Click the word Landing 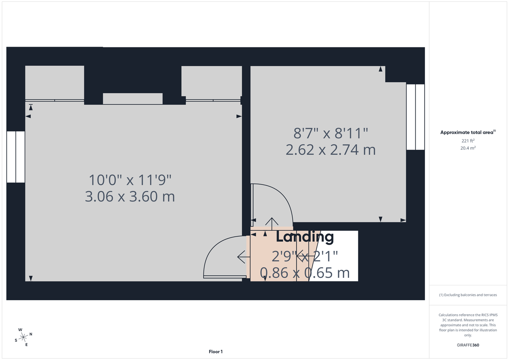pyautogui.click(x=305, y=237)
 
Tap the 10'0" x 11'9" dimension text pyautogui.click(x=130, y=180)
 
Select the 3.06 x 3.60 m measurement pyautogui.click(x=130, y=197)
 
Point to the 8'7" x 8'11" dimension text pyautogui.click(x=331, y=134)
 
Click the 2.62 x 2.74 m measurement pyautogui.click(x=331, y=150)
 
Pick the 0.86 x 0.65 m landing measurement pyautogui.click(x=305, y=273)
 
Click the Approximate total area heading pyautogui.click(x=468, y=133)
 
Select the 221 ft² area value pyautogui.click(x=468, y=141)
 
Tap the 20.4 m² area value pyautogui.click(x=468, y=148)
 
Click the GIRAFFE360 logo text pyautogui.click(x=468, y=345)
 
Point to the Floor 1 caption pyautogui.click(x=215, y=352)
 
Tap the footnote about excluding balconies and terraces pyautogui.click(x=468, y=295)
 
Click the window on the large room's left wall pyautogui.click(x=16, y=157)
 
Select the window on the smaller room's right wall pyautogui.click(x=415, y=117)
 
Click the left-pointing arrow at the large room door pyautogui.click(x=243, y=257)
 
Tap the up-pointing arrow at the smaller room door pyautogui.click(x=271, y=222)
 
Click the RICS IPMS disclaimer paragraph pyautogui.click(x=468, y=325)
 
